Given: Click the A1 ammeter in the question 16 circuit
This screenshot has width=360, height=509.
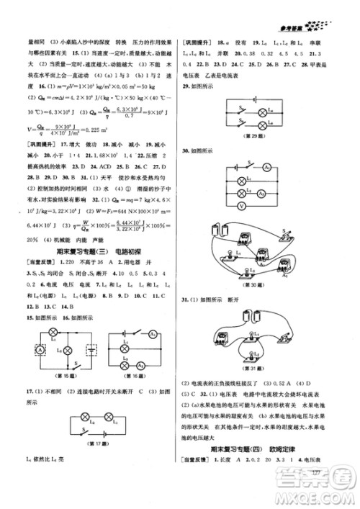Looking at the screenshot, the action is tap(153, 334).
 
